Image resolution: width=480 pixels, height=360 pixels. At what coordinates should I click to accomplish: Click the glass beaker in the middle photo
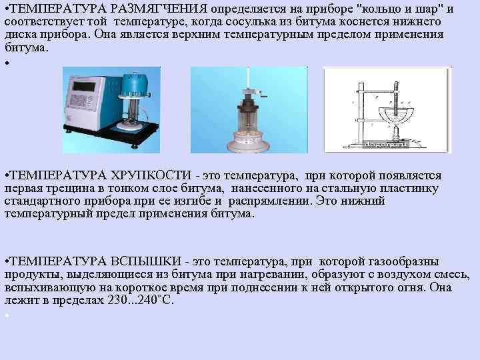point(249,120)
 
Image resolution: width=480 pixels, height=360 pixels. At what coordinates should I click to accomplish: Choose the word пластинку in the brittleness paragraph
point(414,189)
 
